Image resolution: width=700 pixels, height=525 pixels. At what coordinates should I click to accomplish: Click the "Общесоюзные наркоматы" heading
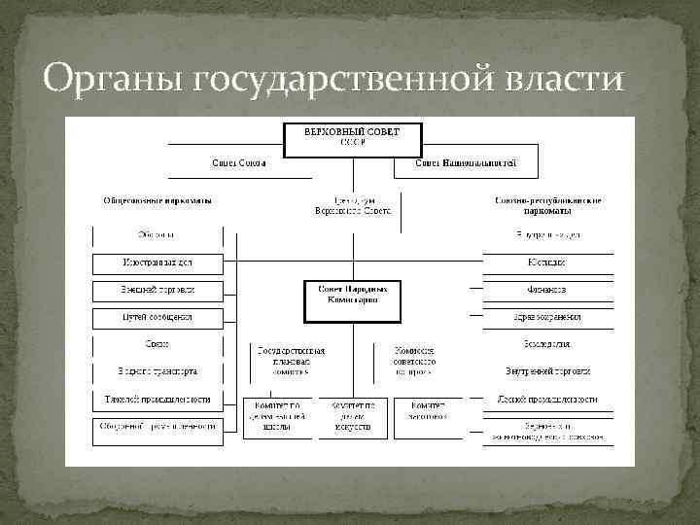[157, 200]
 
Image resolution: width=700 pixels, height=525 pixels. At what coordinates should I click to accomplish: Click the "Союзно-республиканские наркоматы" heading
[548, 205]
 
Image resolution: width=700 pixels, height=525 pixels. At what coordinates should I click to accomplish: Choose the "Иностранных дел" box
[157, 262]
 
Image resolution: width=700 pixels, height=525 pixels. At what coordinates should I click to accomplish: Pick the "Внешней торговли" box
[157, 290]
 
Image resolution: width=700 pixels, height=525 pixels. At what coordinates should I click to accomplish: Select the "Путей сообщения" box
[157, 317]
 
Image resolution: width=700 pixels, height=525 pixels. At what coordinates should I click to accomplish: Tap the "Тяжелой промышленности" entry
[157, 400]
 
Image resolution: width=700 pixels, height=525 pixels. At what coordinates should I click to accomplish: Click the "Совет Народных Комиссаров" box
[352, 296]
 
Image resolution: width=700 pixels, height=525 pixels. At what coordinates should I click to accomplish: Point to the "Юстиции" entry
[548, 262]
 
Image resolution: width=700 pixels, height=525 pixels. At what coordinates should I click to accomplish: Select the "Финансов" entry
[548, 290]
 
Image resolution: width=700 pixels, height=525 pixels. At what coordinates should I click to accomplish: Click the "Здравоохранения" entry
[548, 317]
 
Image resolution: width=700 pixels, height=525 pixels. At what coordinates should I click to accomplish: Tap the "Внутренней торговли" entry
[548, 371]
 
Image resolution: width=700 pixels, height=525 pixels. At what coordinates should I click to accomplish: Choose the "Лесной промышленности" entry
[548, 400]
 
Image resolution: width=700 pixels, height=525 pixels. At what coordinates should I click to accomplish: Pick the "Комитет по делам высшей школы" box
[277, 416]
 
